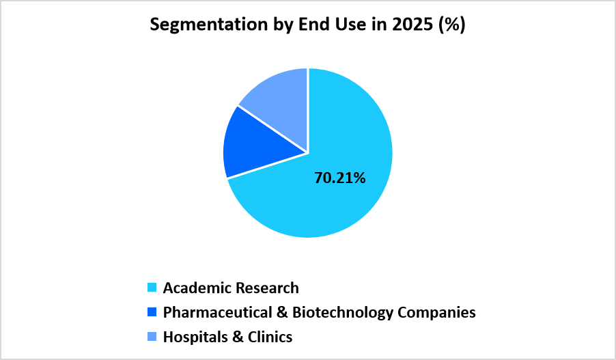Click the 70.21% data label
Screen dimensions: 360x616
click(x=340, y=178)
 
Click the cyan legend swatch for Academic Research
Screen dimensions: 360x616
click(x=152, y=288)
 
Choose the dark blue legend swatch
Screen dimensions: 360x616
click(x=152, y=312)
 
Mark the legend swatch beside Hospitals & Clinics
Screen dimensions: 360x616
click(x=152, y=337)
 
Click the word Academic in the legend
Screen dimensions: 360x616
click(x=194, y=288)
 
